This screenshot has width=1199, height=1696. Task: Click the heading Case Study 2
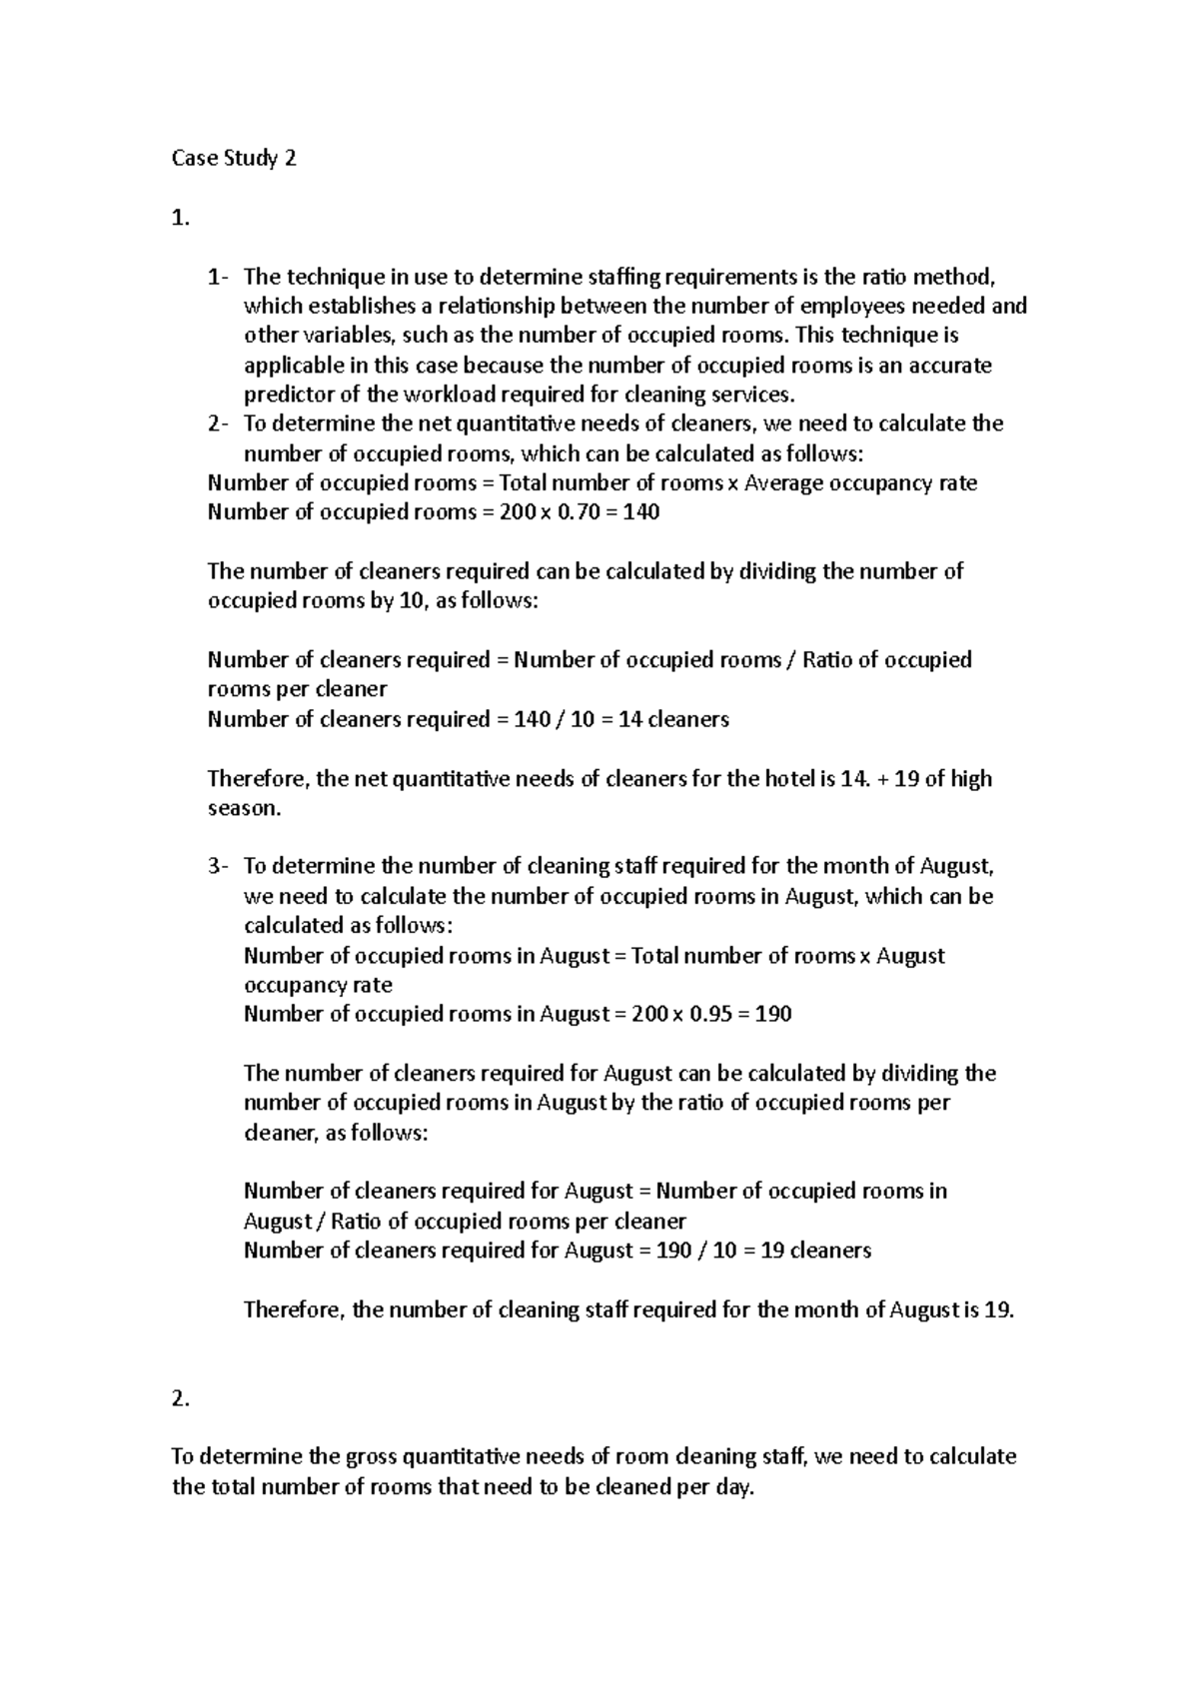coord(234,159)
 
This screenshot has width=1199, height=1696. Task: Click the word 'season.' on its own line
coord(245,808)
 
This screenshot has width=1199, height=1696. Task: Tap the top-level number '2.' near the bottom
coord(181,1399)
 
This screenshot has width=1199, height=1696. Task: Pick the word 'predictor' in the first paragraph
coord(287,395)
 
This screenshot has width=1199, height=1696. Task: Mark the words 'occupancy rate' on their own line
coord(318,985)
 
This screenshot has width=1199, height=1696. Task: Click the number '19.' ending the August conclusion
coord(998,1310)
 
